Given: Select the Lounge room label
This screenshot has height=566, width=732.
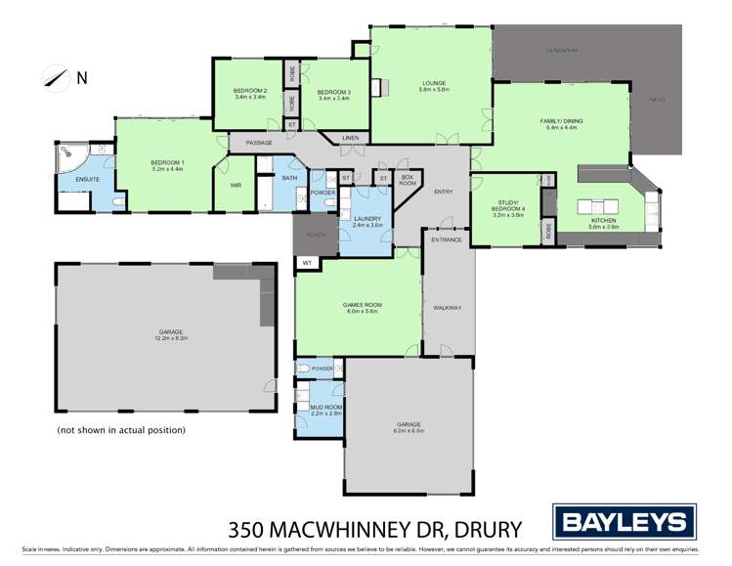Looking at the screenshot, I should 434,85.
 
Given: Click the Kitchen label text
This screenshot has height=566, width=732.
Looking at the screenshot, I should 603,222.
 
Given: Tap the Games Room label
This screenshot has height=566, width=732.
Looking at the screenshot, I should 361,307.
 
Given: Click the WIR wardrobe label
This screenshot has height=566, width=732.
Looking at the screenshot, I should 236,185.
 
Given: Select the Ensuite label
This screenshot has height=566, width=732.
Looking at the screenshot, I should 74,179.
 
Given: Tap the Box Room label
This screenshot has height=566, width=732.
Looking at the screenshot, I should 409,180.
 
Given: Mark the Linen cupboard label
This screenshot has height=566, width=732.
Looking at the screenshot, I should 350,138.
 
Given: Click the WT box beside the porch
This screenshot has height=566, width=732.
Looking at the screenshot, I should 306,262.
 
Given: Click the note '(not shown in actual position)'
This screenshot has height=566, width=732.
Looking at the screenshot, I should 121,429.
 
